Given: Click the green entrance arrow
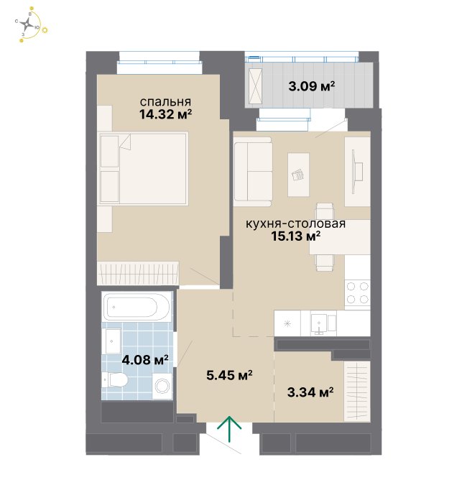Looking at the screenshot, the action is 229,428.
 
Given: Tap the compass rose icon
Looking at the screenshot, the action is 28,24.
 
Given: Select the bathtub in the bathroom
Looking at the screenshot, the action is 137,306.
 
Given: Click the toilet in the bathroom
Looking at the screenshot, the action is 115,379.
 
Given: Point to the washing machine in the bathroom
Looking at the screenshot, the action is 162,386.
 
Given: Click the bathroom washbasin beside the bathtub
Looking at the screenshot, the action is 114,341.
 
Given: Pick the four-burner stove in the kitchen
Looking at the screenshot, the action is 357,292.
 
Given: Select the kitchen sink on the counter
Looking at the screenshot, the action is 323,323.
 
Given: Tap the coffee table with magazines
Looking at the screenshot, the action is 299,175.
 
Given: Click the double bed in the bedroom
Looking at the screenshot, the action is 144,168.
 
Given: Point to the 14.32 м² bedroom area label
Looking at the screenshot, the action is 165,114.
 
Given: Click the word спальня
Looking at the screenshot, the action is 165,102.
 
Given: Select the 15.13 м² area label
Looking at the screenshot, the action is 296,236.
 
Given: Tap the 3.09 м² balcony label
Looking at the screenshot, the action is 311,86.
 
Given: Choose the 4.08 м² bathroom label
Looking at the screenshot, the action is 145,360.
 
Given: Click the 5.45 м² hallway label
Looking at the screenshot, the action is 229,375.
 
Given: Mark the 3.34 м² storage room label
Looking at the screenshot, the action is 310,392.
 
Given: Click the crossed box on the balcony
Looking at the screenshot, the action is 255,86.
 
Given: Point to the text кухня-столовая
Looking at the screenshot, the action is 296,223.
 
